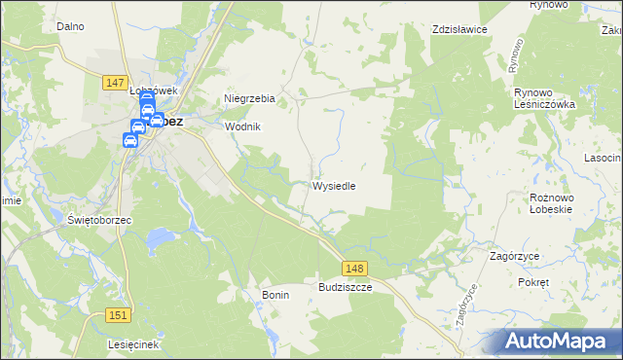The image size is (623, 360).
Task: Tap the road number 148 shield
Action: (354, 268)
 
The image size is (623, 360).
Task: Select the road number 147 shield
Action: (114, 85)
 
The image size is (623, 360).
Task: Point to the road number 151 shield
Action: (118, 315)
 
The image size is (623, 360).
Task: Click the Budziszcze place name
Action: (345, 288)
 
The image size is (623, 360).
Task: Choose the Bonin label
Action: (275, 294)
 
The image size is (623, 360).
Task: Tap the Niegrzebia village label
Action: (250, 99)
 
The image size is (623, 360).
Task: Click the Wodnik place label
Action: (243, 126)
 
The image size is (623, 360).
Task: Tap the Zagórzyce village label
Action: (516, 256)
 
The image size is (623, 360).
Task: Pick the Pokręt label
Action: (534, 281)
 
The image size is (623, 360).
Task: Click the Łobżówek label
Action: (152, 90)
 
